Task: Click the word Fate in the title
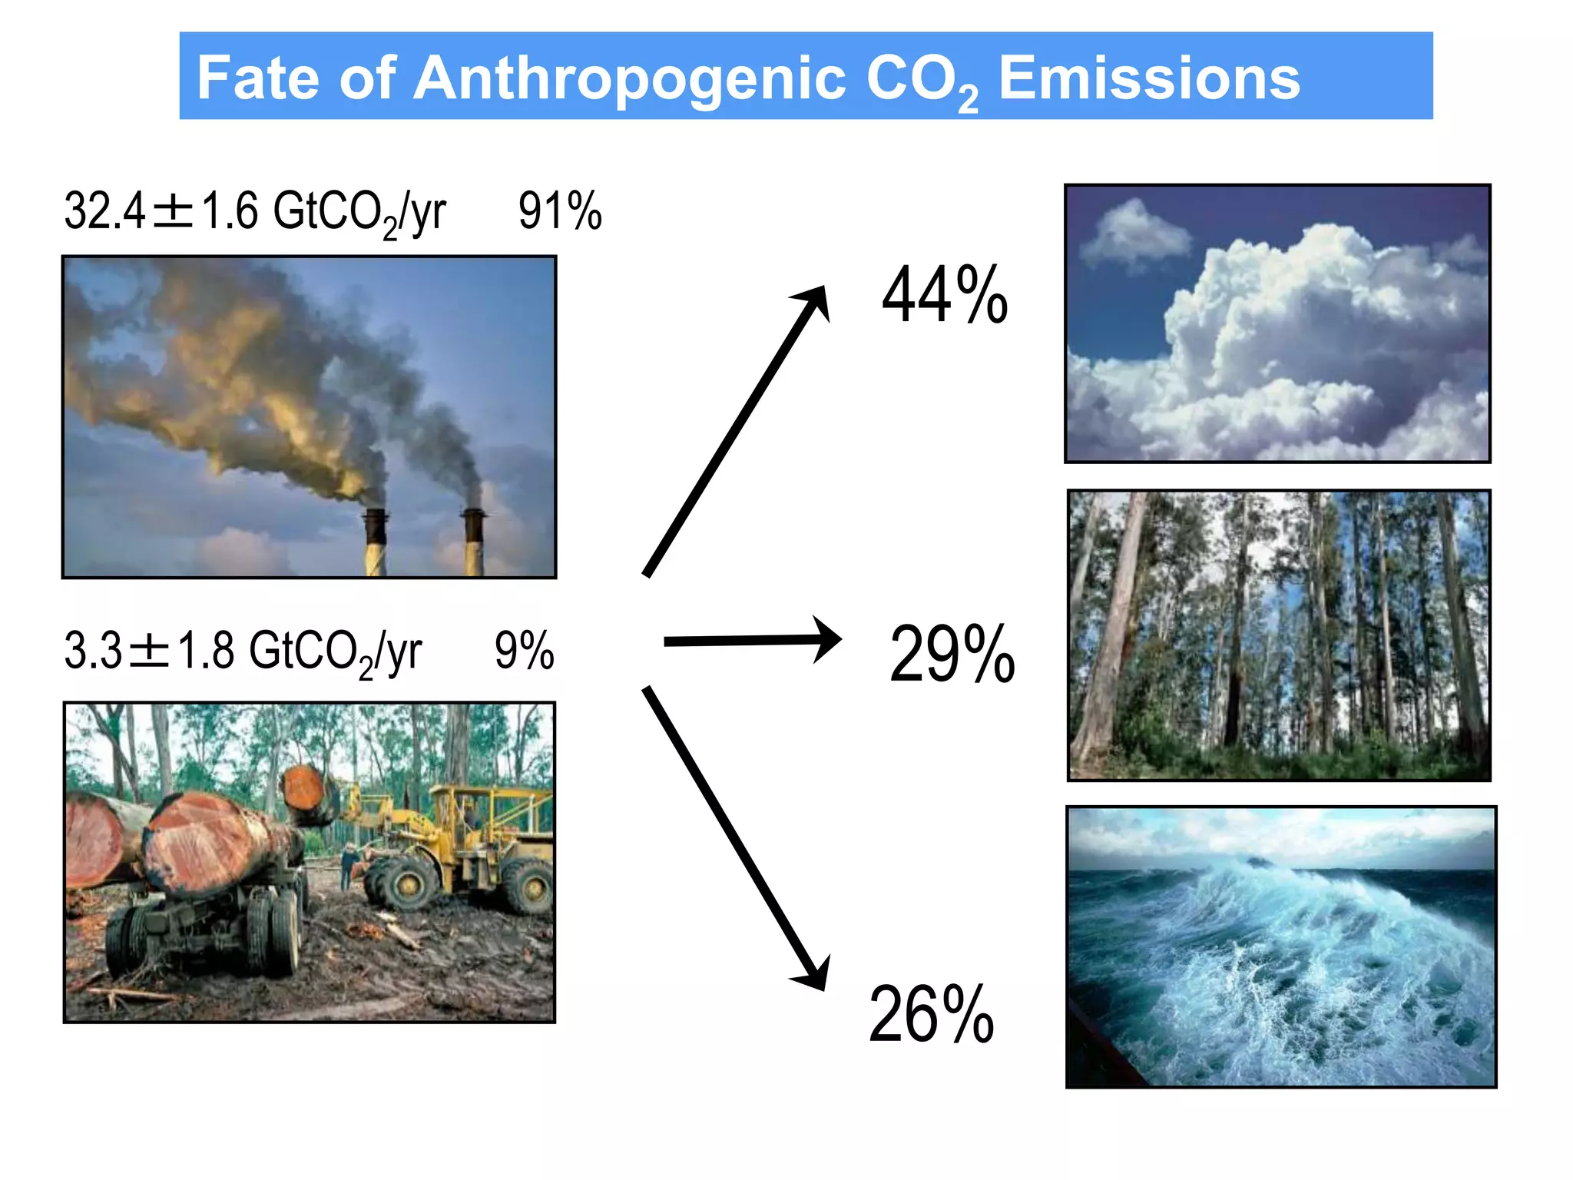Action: [257, 78]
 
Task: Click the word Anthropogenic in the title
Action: [630, 80]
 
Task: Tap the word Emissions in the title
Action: [1148, 78]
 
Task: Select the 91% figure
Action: [559, 211]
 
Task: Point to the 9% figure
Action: [524, 651]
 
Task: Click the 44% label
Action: [944, 295]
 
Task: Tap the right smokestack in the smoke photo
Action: [473, 541]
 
